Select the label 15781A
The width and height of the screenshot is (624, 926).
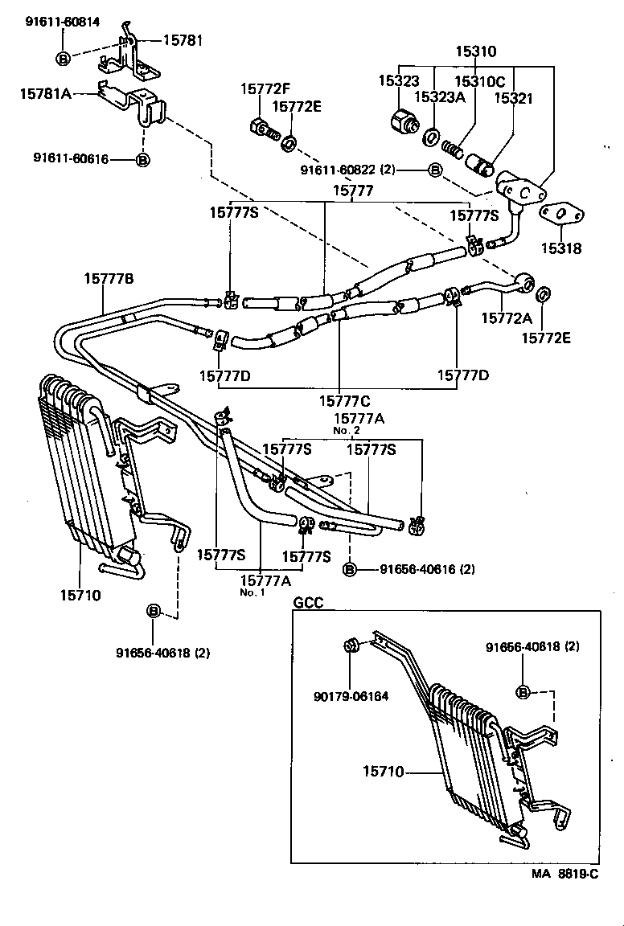coord(46,94)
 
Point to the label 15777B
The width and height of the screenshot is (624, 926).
coord(109,279)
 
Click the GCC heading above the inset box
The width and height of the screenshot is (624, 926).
coord(308,603)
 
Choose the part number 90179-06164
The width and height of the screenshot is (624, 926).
coord(351,696)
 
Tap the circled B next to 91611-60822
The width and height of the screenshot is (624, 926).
coord(435,170)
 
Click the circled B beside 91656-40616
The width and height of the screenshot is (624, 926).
coord(350,569)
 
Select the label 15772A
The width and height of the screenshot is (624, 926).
coord(504,319)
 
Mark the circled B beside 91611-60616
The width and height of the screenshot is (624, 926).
coord(143,160)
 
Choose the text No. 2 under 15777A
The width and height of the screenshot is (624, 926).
coord(347,431)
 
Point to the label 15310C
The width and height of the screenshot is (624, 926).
coord(480,81)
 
